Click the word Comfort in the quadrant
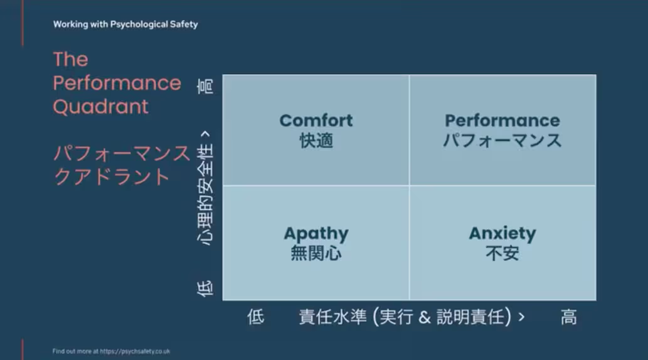tap(316, 120)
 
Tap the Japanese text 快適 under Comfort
tap(316, 140)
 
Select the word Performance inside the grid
tap(502, 120)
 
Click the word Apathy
tap(316, 234)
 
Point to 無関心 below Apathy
tap(316, 253)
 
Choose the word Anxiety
tap(502, 234)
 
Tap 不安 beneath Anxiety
tap(502, 253)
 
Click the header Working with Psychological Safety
tap(125, 24)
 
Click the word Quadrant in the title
tap(100, 107)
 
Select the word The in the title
tap(71, 60)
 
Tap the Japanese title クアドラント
tap(112, 177)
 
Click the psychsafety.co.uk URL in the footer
tap(135, 351)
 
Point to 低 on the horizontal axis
tap(256, 317)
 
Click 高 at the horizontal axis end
tap(569, 317)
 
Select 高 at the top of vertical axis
tap(205, 87)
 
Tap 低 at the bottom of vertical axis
tap(205, 289)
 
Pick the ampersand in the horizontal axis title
tap(425, 317)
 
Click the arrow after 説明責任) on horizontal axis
tap(521, 317)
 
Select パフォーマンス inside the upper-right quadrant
tap(502, 140)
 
